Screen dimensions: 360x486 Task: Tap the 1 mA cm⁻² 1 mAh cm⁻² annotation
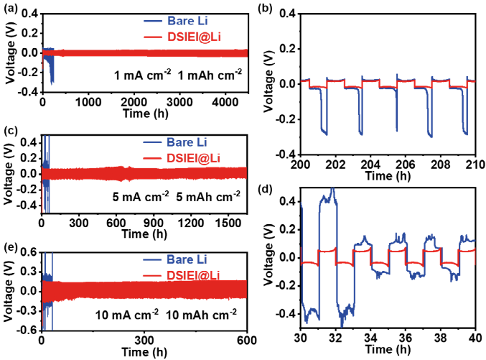pyautogui.click(x=179, y=74)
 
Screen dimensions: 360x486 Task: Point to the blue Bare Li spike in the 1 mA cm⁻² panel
pyautogui.click(x=51, y=72)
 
